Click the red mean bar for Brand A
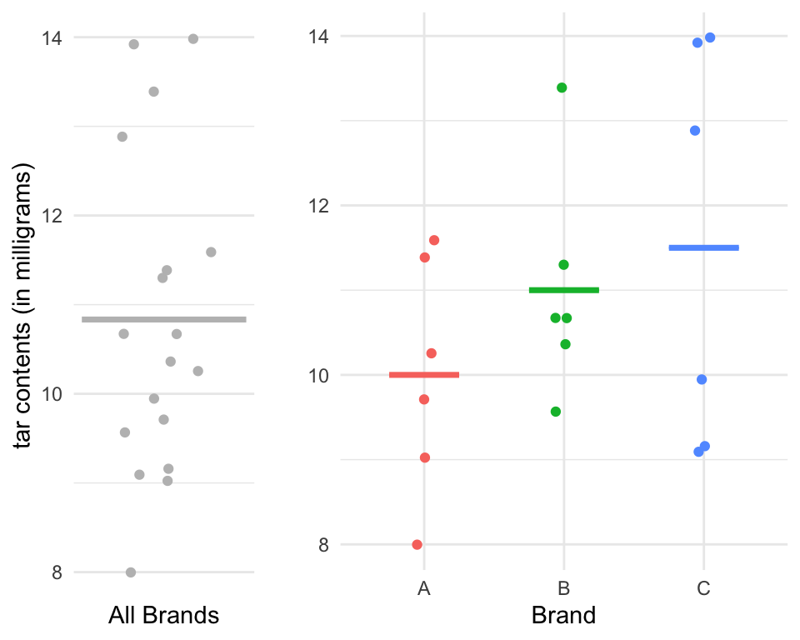424,375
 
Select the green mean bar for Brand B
564,290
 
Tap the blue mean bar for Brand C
704,247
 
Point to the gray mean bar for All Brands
164,319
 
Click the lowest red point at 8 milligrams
417,544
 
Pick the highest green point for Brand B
562,87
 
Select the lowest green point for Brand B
556,412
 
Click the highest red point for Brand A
434,240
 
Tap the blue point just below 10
702,379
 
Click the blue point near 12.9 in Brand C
695,131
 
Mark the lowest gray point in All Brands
131,572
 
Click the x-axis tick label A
424,589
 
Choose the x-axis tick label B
564,589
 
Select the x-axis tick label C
704,589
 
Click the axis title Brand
563,616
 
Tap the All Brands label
164,616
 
